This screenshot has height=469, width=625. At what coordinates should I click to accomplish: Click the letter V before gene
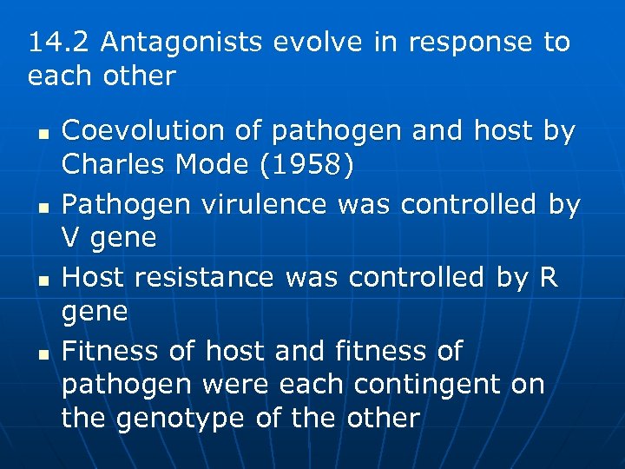[70, 238]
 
